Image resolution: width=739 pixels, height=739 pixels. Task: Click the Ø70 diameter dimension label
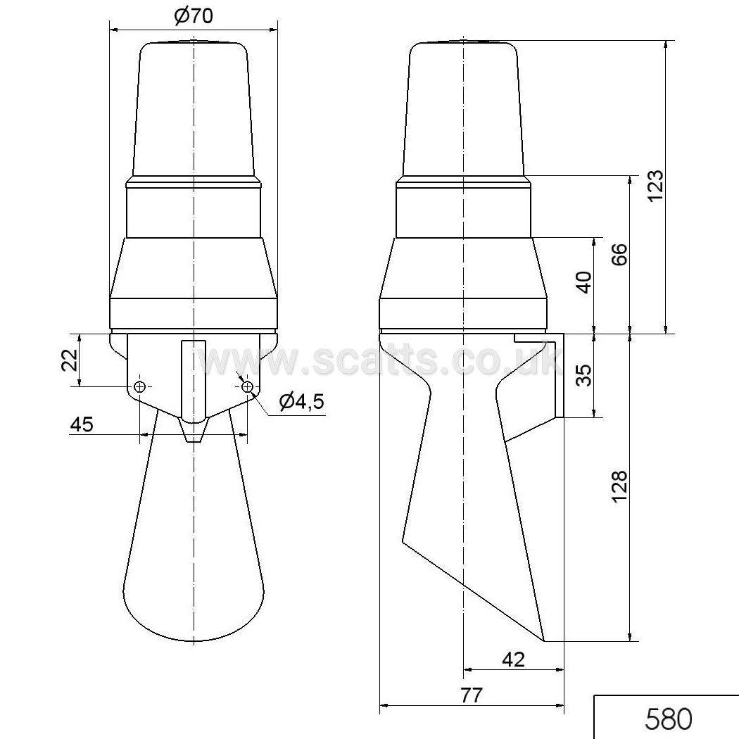point(194,15)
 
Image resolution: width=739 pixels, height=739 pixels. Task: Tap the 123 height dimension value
point(655,185)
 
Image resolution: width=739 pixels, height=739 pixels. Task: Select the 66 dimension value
point(620,255)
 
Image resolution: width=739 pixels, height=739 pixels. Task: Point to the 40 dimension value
point(584,282)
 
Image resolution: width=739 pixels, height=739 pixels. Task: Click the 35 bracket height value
point(584,374)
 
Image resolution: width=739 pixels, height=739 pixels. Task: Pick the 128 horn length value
point(619,486)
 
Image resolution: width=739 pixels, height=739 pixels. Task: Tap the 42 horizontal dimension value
point(513,659)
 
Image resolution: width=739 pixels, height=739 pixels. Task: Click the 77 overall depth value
point(472,695)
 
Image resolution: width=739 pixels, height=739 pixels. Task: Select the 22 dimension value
point(70,360)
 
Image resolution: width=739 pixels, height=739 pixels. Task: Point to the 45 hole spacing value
point(82,424)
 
